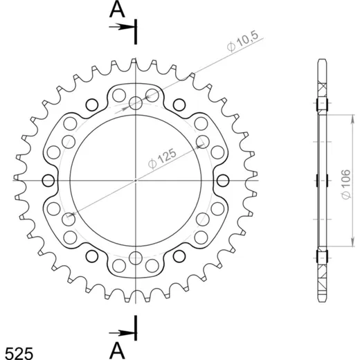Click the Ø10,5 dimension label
[242, 41]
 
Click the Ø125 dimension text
[162, 159]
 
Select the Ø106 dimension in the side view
[346, 184]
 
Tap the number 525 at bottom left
[19, 353]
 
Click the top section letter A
[117, 10]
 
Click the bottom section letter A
[117, 350]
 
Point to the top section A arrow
[122, 27]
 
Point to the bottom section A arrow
[122, 333]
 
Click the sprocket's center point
[136, 180]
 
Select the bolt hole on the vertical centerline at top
[136, 103]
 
